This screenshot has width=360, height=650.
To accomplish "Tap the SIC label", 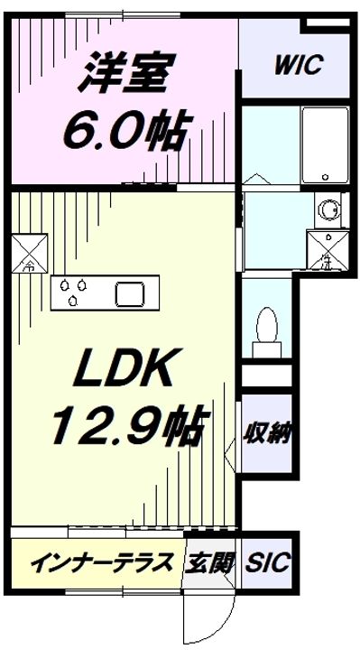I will (268, 564).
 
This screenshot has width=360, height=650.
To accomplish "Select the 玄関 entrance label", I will (210, 564).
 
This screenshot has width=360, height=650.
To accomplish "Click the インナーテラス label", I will (101, 565).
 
